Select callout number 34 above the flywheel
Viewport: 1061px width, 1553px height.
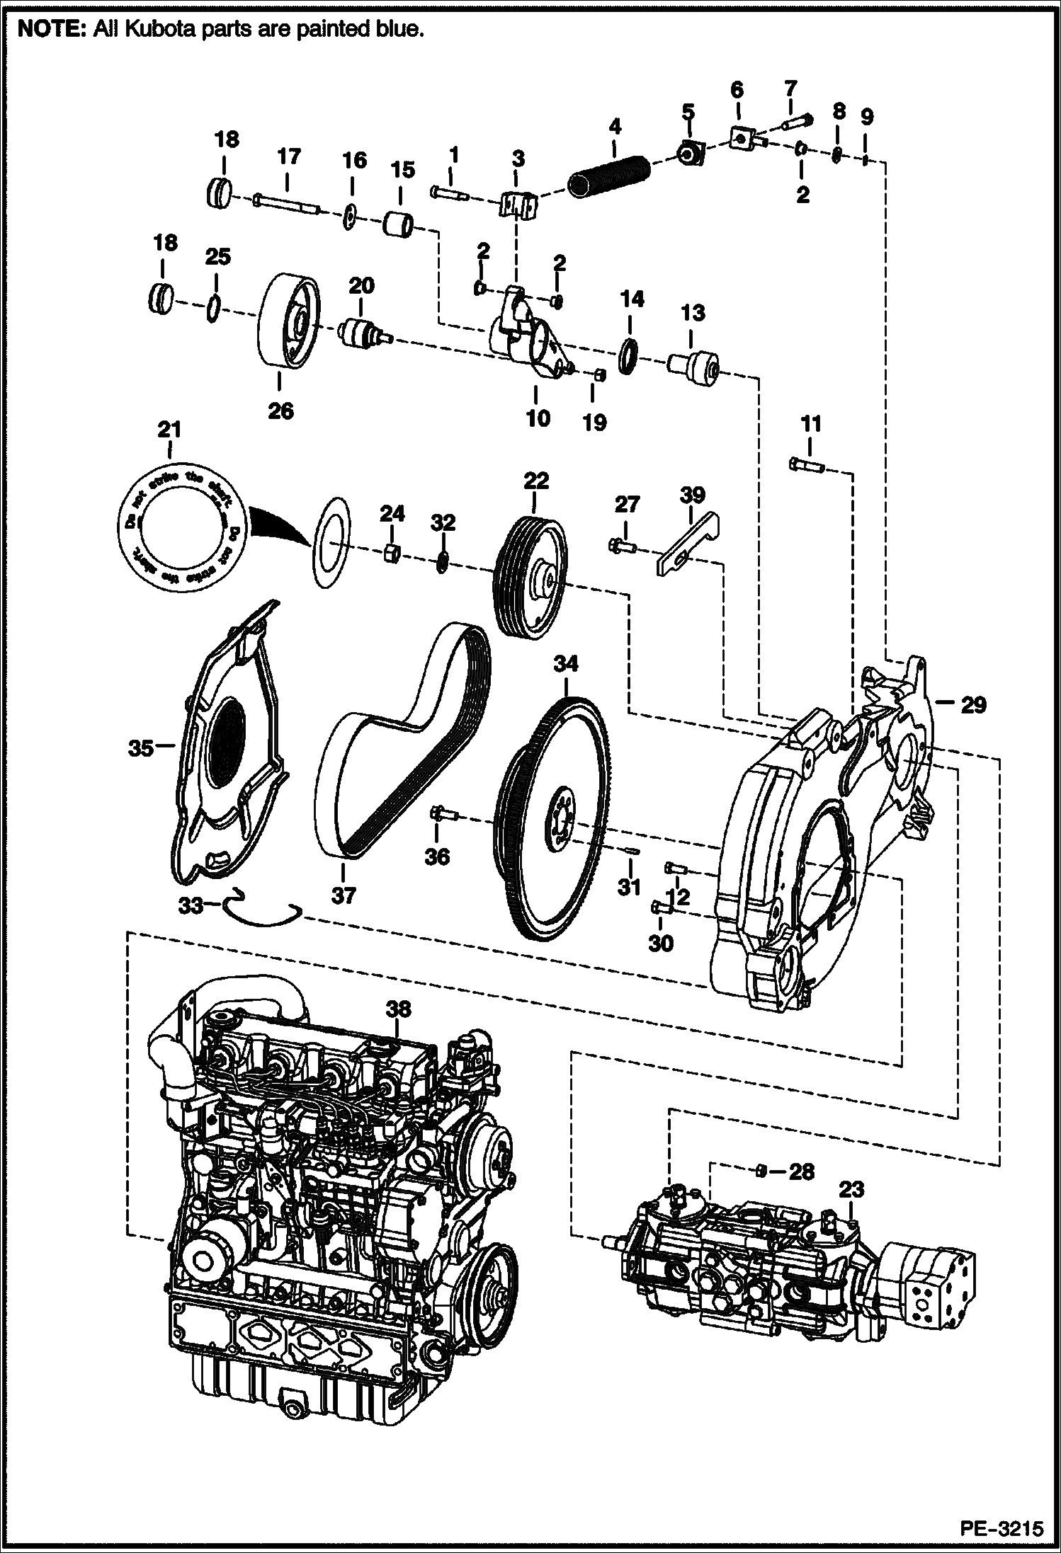566,663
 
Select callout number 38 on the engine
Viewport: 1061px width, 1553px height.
398,1008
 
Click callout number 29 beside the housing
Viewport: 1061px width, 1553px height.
973,704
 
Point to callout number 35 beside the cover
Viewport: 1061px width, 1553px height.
140,746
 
